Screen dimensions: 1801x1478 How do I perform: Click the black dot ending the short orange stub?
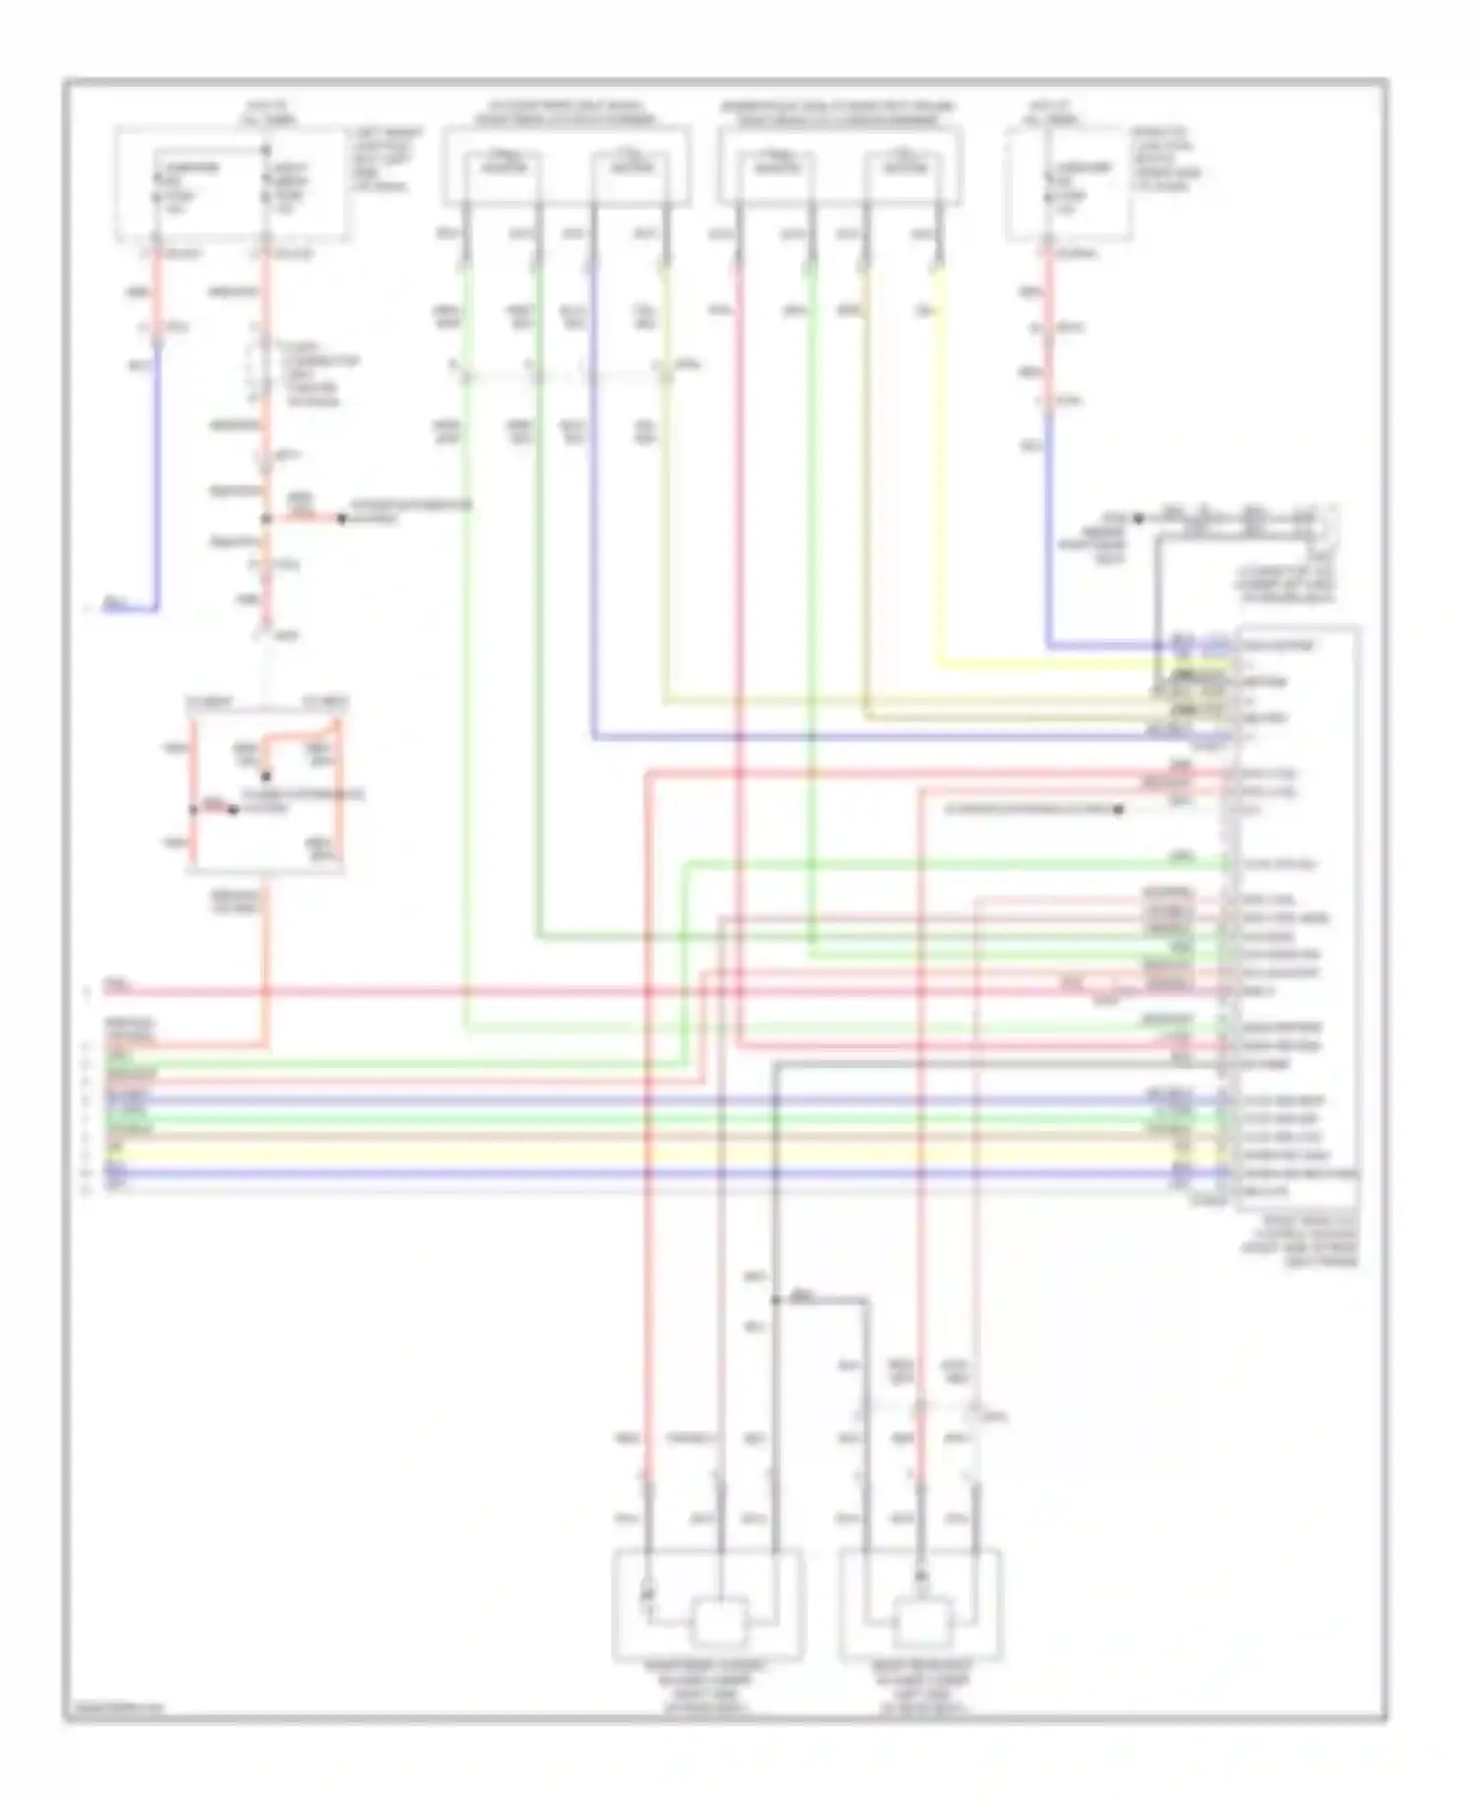click(x=342, y=518)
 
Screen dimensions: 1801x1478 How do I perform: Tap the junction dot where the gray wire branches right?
click(x=776, y=1301)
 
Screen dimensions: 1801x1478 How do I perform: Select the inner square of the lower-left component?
click(x=719, y=1622)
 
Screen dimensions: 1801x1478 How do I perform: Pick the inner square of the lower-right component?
click(x=922, y=1622)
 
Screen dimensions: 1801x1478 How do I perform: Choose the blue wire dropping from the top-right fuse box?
click(x=1048, y=532)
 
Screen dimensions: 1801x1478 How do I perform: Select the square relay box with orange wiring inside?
click(x=266, y=786)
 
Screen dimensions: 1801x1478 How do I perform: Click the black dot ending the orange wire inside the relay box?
click(x=233, y=811)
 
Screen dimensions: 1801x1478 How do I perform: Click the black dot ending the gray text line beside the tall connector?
click(x=1118, y=810)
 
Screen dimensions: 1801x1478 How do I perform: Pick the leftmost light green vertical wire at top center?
click(x=465, y=591)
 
